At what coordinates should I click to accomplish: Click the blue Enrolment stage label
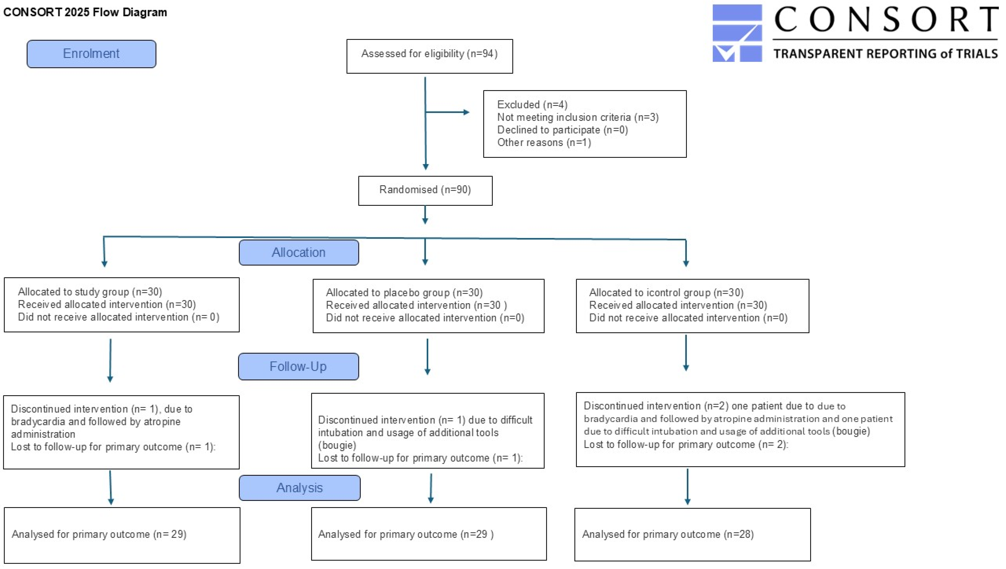pos(91,54)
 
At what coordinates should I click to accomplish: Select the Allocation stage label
pos(299,253)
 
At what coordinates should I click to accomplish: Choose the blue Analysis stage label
pos(300,488)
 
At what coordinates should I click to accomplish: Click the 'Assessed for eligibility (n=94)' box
pos(429,56)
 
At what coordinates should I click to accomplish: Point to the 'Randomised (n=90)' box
pos(425,191)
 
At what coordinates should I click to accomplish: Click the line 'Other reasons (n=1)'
pos(544,143)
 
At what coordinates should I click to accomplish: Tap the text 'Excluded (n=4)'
pos(532,105)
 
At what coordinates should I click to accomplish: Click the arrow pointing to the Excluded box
pos(447,112)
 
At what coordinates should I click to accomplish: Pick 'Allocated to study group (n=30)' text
pos(90,292)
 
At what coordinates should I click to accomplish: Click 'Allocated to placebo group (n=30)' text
pos(404,293)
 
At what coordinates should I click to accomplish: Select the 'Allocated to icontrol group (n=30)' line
pos(666,293)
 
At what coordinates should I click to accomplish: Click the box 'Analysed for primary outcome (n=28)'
pos(692,535)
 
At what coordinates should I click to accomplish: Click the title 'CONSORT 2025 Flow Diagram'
pos(85,12)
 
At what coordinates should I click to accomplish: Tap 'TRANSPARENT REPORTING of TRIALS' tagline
pos(886,54)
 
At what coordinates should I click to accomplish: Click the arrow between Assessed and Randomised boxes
pos(425,123)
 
